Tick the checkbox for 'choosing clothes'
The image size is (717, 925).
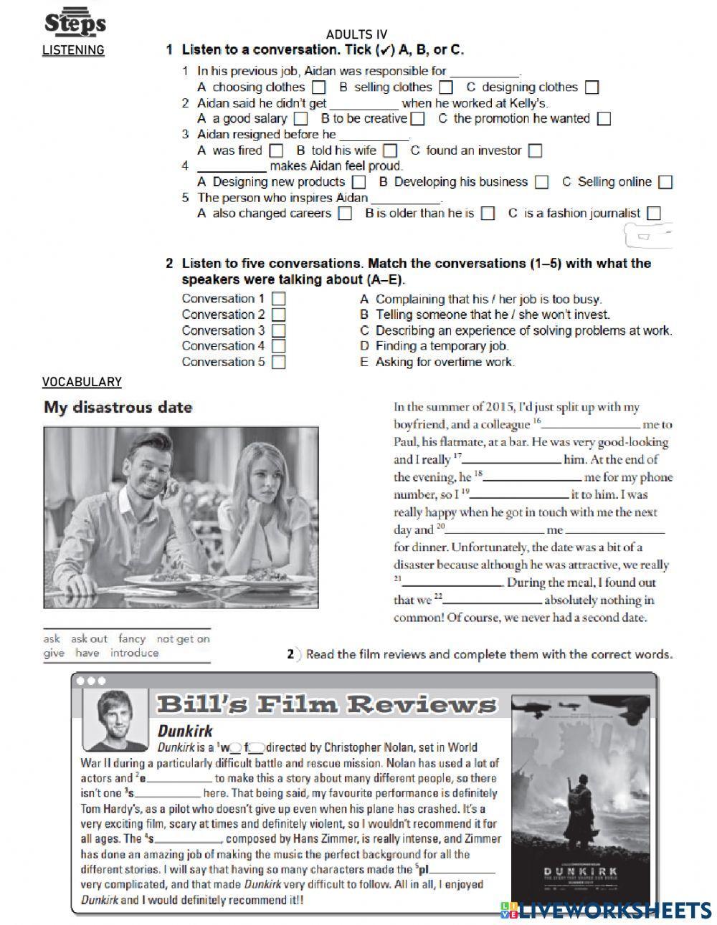pyautogui.click(x=320, y=87)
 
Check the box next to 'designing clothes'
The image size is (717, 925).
pyautogui.click(x=592, y=87)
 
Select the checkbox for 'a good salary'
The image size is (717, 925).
pyautogui.click(x=301, y=119)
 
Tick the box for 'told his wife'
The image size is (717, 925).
pyautogui.click(x=390, y=150)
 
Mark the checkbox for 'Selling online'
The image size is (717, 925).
pyautogui.click(x=665, y=182)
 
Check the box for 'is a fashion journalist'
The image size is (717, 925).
pyautogui.click(x=653, y=214)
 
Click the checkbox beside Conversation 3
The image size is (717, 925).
pyautogui.click(x=279, y=330)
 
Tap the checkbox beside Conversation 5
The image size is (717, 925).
pyautogui.click(x=279, y=362)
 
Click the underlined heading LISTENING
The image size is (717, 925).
pyautogui.click(x=73, y=50)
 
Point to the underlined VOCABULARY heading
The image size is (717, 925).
pyautogui.click(x=82, y=382)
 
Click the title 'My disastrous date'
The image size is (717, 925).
pyautogui.click(x=118, y=407)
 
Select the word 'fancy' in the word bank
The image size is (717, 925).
pyautogui.click(x=132, y=638)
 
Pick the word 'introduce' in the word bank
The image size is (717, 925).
pyautogui.click(x=135, y=653)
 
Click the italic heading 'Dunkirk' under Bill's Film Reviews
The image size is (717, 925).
pyautogui.click(x=185, y=731)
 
